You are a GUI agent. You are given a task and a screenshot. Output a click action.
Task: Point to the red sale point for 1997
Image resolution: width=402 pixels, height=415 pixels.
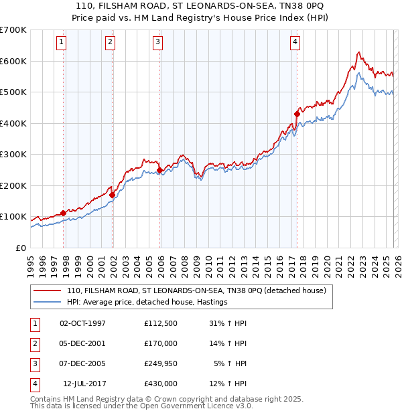[x=63, y=213]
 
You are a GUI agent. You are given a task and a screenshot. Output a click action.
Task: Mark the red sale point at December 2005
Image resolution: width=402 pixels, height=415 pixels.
[x=159, y=170]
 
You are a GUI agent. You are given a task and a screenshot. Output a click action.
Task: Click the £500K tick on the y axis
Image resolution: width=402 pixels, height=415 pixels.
[x=13, y=92]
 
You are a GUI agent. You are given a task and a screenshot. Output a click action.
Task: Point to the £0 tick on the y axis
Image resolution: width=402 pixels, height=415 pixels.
[x=21, y=248]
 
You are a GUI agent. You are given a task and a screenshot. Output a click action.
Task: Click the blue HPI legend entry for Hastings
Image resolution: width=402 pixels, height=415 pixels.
[x=147, y=302]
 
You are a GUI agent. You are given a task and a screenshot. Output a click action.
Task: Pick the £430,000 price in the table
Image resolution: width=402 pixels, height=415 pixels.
[x=161, y=384]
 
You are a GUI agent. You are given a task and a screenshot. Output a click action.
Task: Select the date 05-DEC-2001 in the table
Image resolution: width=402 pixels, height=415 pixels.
[x=82, y=343]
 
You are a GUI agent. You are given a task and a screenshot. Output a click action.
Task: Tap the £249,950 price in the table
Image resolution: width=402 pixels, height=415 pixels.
[x=161, y=363]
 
